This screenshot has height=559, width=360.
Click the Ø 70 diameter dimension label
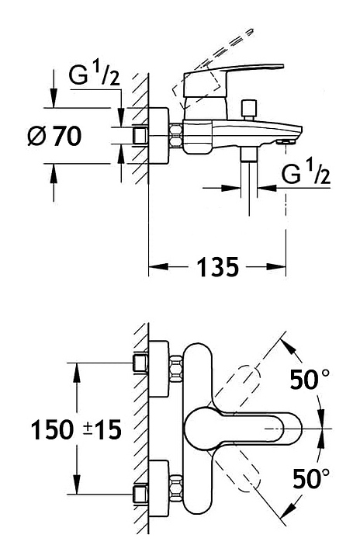[54, 136]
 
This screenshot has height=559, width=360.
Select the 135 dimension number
[217, 266]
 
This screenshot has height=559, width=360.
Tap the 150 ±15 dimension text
[76, 429]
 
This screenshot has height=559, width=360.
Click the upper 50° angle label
[310, 379]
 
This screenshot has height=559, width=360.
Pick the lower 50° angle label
[311, 478]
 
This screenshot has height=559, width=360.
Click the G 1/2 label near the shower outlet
[306, 172]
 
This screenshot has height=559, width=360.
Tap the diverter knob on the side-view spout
[248, 109]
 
